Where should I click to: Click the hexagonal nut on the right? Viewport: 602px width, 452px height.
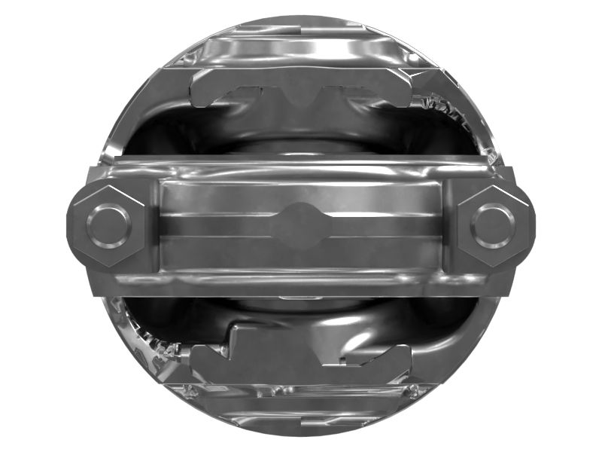pyautogui.click(x=494, y=225)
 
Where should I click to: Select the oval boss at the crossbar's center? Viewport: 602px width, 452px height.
pyautogui.click(x=301, y=225)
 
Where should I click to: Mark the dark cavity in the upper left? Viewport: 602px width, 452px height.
pyautogui.click(x=162, y=136)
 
